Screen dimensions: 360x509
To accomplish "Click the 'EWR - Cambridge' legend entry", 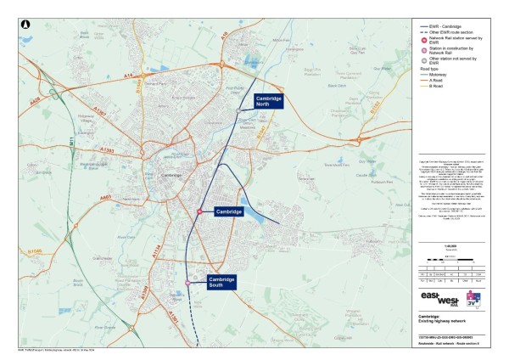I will pos(449,24).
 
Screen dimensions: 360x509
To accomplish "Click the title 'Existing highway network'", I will pos(441,323).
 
